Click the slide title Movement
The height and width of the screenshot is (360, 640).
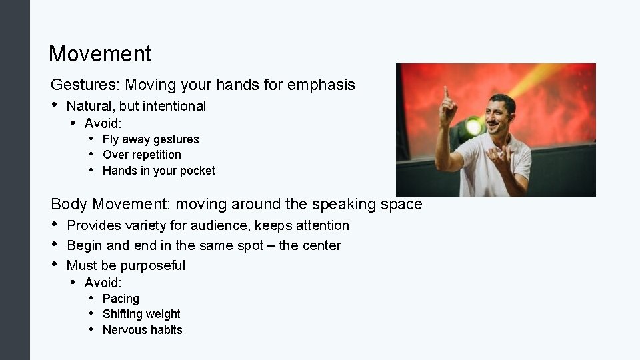[100, 54]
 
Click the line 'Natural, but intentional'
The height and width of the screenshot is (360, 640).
[136, 106]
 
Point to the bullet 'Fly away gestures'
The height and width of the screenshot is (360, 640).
[151, 139]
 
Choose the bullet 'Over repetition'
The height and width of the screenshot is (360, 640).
[142, 155]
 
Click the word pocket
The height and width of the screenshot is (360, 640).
[198, 171]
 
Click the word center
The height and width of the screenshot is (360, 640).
[320, 245]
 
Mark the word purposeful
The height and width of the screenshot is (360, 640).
[153, 265]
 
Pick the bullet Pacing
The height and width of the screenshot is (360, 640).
[121, 299]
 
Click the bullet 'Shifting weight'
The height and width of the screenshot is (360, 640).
[141, 314]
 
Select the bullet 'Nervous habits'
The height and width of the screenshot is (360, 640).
[142, 330]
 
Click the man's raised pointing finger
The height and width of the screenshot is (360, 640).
[445, 92]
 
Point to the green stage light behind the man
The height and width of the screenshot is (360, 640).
[473, 125]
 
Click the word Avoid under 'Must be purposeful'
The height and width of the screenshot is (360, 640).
[103, 283]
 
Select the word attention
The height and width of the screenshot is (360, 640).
[322, 225]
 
